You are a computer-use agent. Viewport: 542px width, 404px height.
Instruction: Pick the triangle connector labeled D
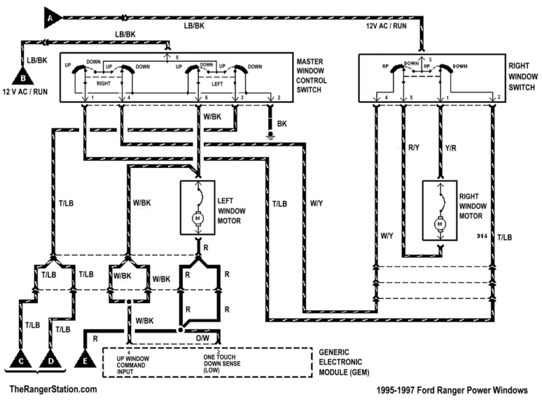[51, 360]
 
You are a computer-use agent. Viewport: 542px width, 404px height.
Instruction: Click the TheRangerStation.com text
[49, 389]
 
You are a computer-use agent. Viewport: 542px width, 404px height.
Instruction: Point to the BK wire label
[282, 123]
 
